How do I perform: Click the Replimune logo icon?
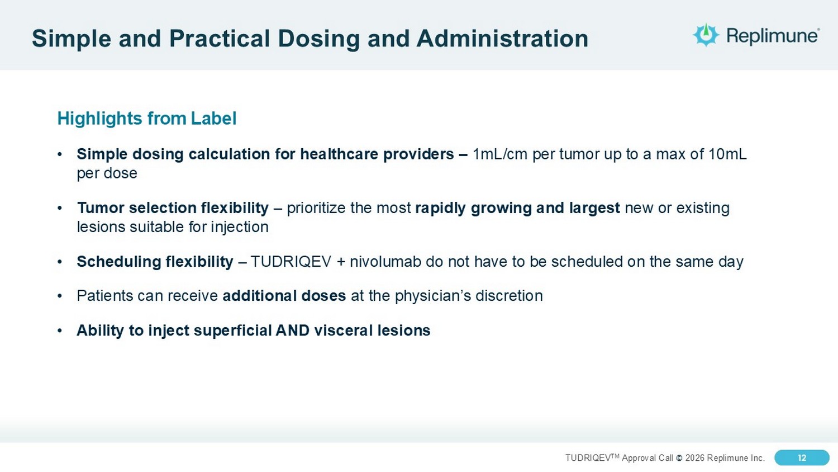pyautogui.click(x=706, y=35)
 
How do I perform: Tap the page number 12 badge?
pyautogui.click(x=802, y=458)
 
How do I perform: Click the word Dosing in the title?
pyautogui.click(x=318, y=39)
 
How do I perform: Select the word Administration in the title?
pyautogui.click(x=502, y=38)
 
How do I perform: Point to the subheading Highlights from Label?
pyautogui.click(x=146, y=119)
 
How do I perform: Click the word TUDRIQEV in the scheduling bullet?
pyautogui.click(x=291, y=262)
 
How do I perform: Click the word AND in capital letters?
pyautogui.click(x=292, y=331)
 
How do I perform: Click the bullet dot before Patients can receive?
pyautogui.click(x=60, y=296)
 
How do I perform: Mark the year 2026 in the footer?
pyautogui.click(x=695, y=458)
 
